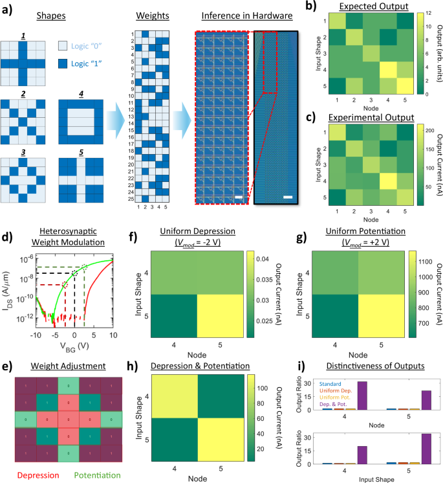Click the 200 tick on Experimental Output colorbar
(x=427, y=130)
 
